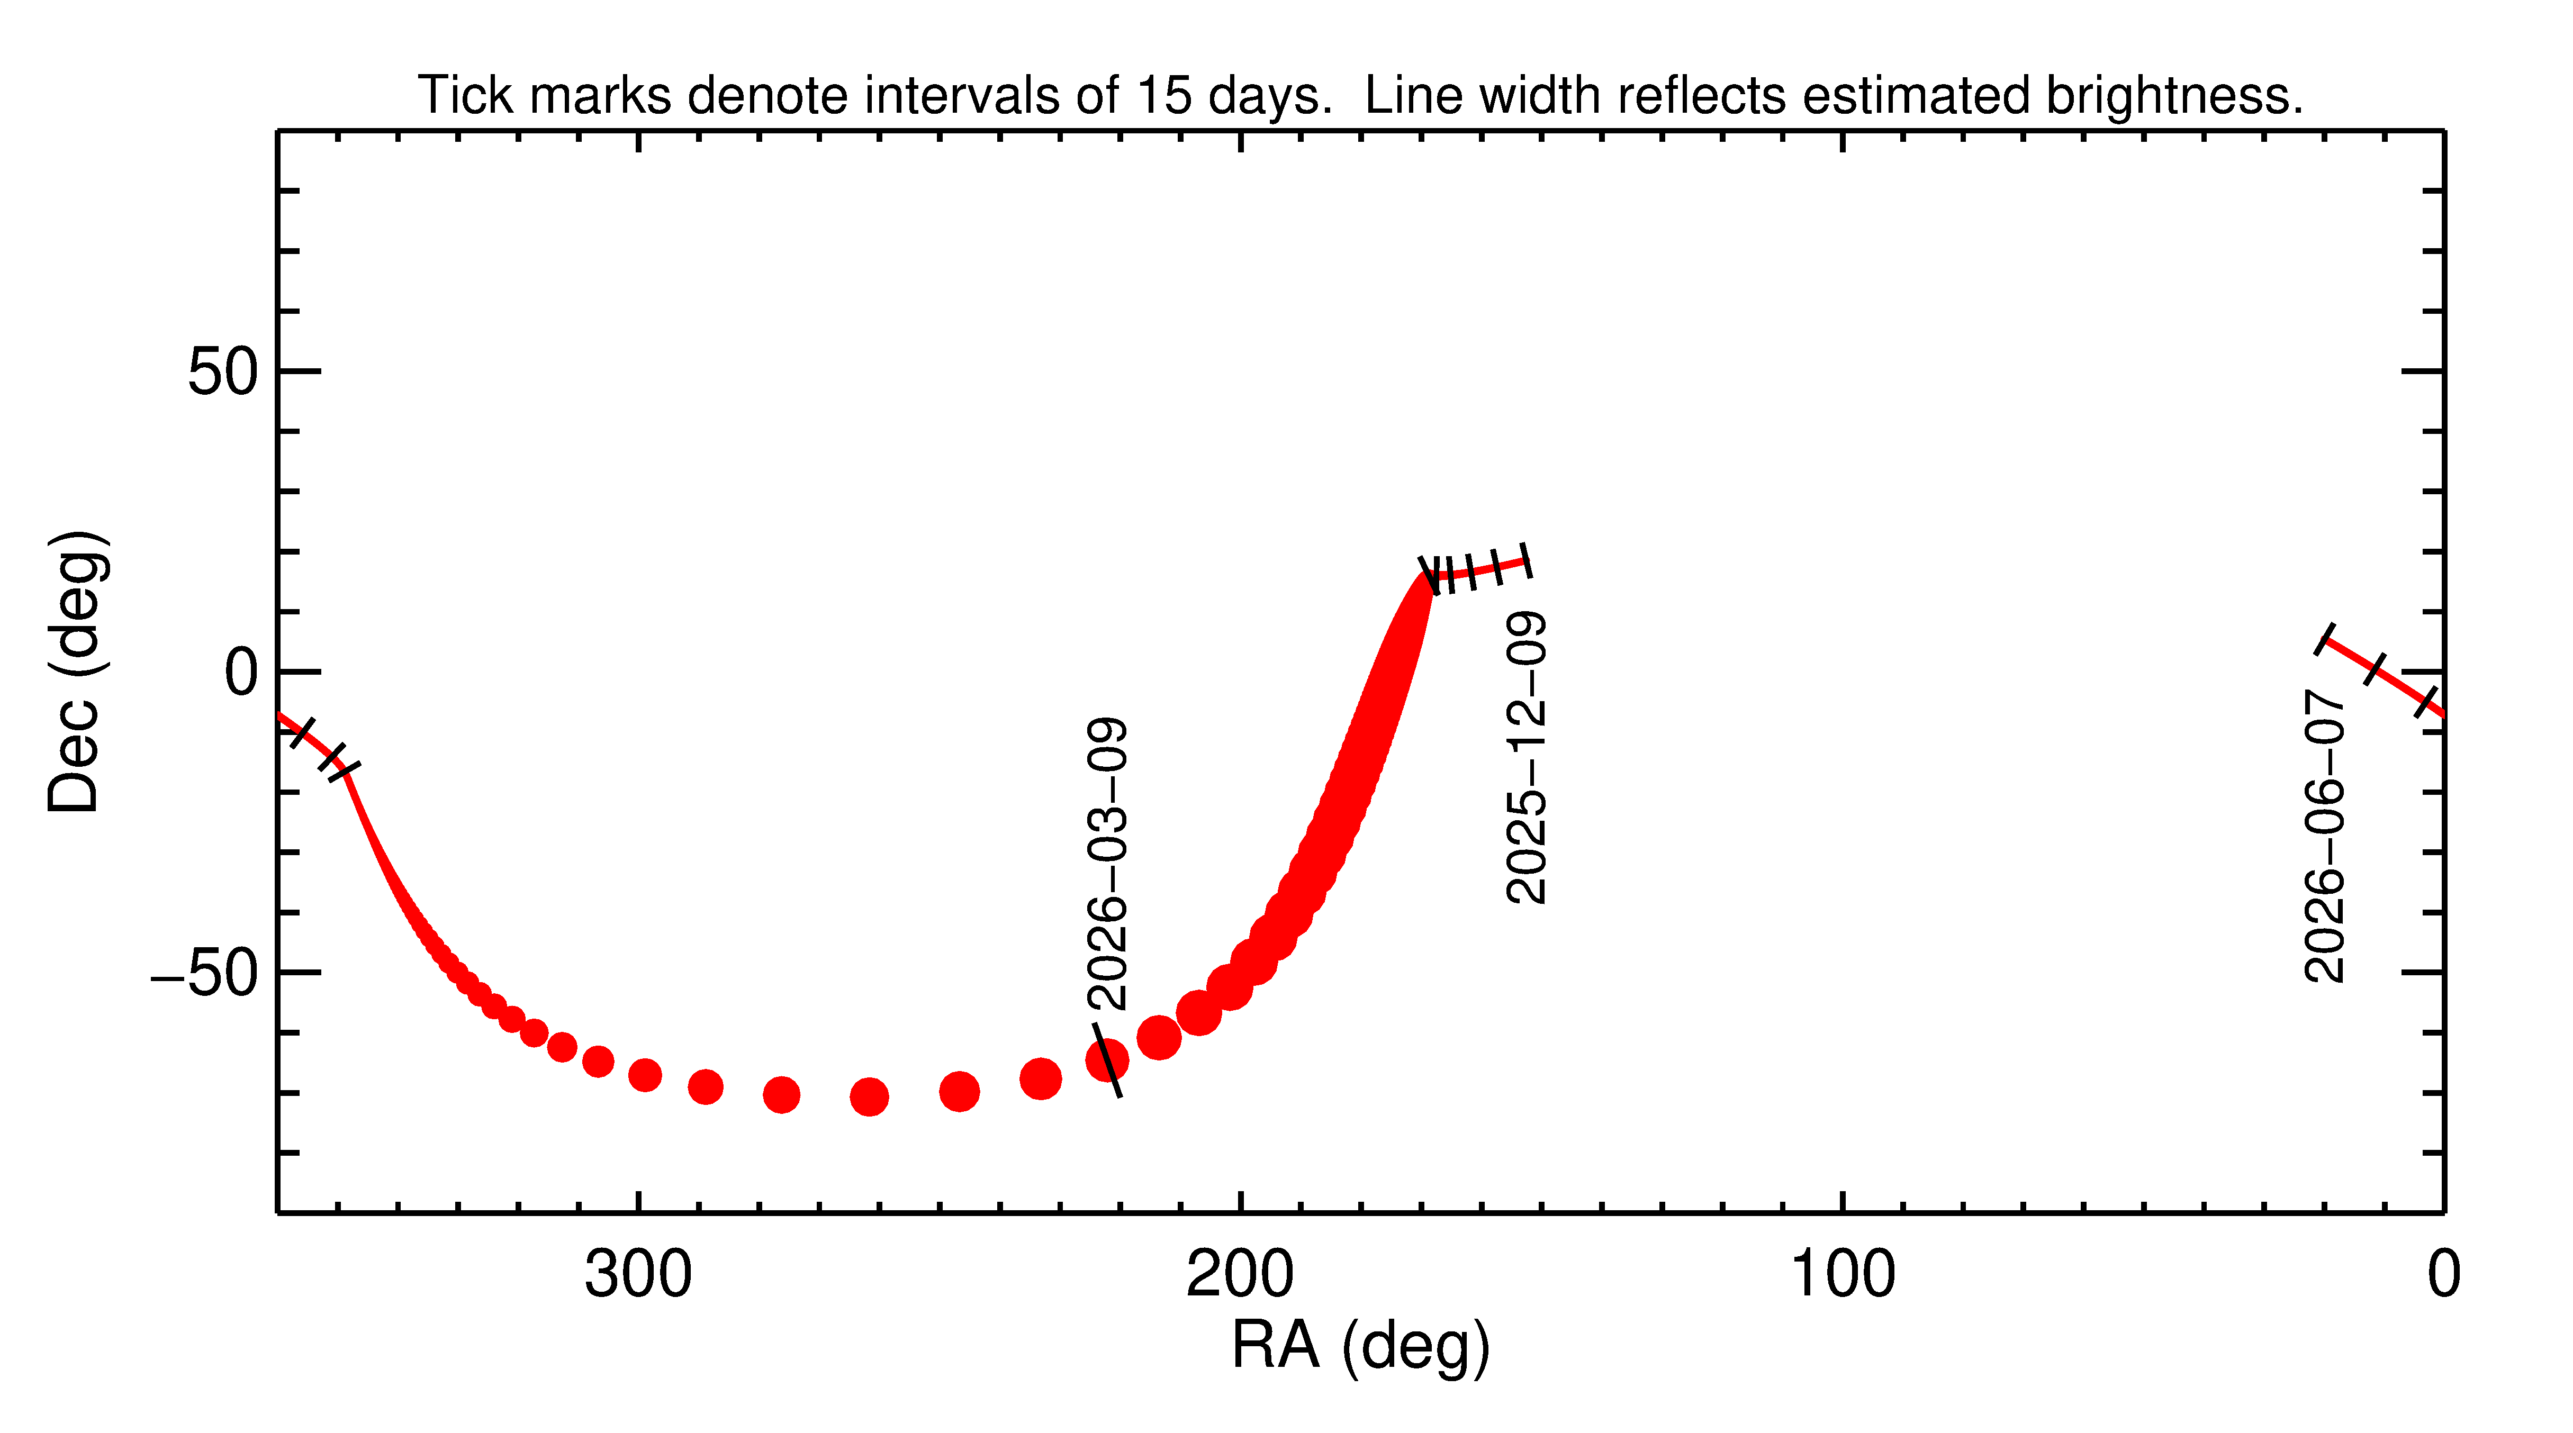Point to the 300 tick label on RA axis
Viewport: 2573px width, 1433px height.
pyautogui.click(x=638, y=1275)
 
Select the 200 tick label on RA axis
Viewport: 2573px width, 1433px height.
pyautogui.click(x=1240, y=1275)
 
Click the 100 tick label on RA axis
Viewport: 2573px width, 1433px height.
pyautogui.click(x=1842, y=1275)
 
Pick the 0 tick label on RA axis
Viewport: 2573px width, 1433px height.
pyautogui.click(x=2443, y=1275)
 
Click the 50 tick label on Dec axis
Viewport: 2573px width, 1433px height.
pyautogui.click(x=223, y=373)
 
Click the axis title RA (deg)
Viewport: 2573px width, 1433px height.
pyautogui.click(x=1360, y=1346)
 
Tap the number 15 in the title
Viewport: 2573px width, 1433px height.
pyautogui.click(x=1164, y=96)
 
